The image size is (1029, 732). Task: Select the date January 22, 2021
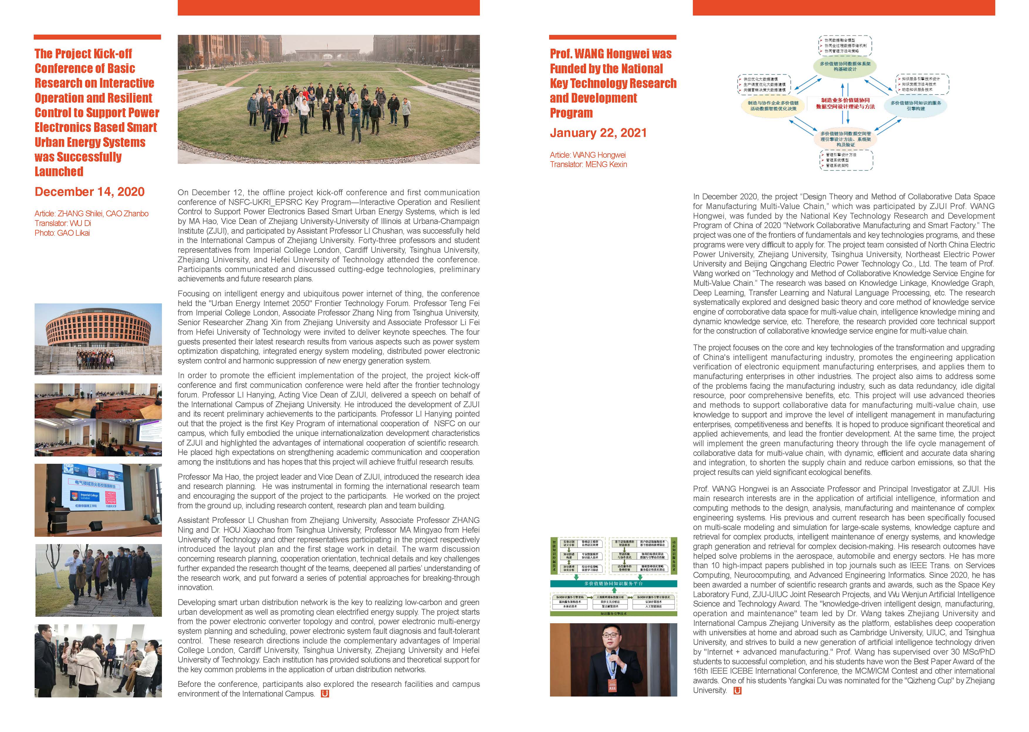coord(598,133)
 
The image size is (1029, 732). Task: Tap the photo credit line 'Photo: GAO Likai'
coord(62,233)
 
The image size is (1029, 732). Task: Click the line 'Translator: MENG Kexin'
coord(588,164)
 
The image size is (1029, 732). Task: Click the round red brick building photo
coord(98,339)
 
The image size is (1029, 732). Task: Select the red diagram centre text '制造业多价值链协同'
coord(845,100)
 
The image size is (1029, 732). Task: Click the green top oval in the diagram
coord(845,66)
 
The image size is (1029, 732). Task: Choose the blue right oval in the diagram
coord(915,106)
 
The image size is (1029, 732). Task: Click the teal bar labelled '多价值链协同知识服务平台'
coord(613,584)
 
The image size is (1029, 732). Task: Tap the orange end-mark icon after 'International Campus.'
coord(325,694)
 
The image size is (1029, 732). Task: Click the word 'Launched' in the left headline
coord(59,172)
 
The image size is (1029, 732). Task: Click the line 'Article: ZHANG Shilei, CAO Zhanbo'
coord(92,214)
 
